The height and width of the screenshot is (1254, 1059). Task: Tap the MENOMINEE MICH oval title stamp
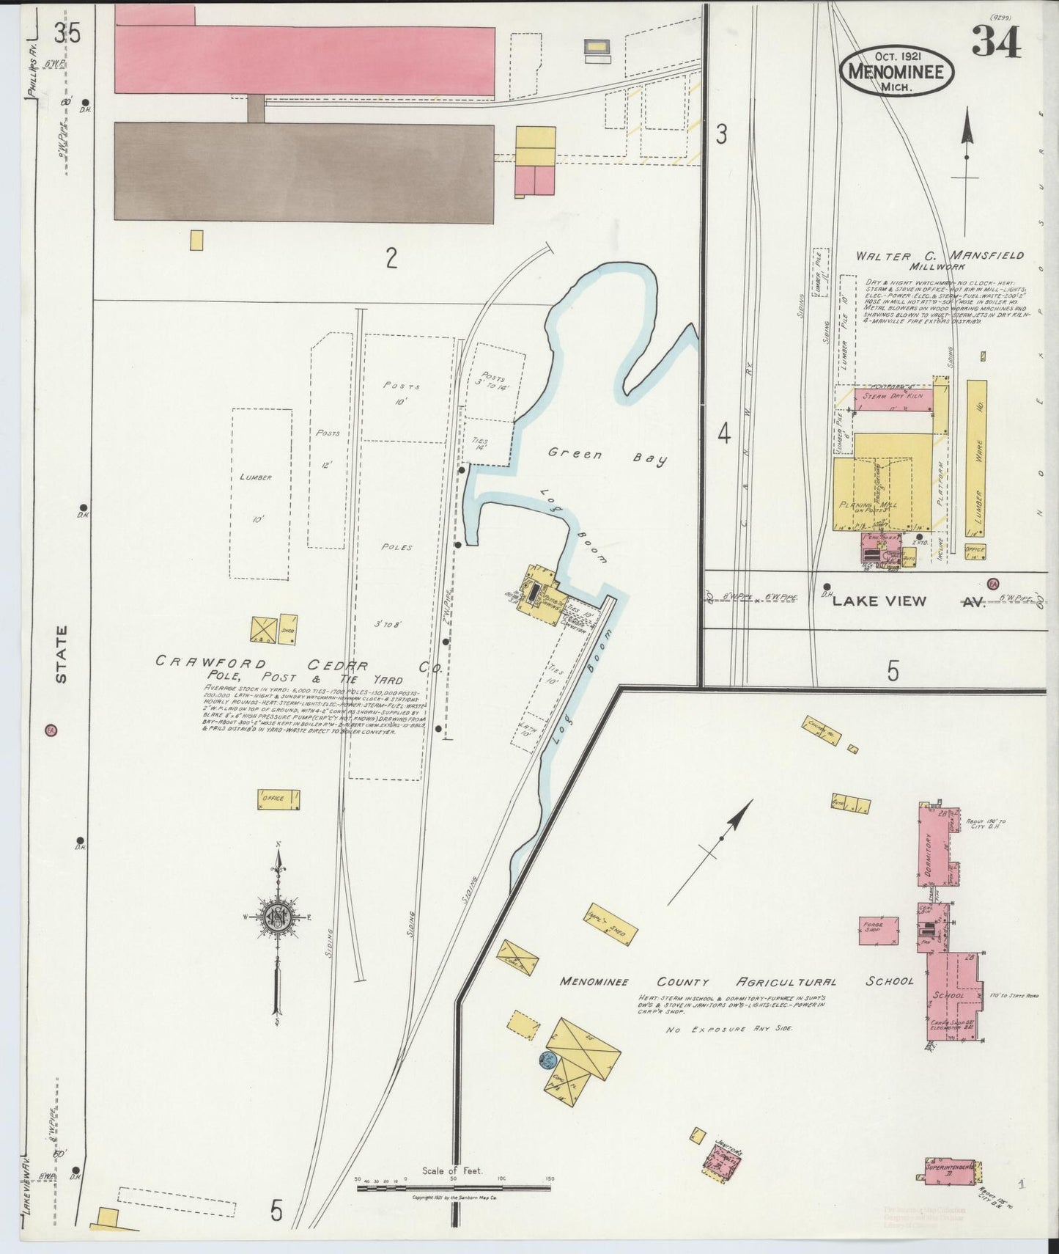(x=897, y=71)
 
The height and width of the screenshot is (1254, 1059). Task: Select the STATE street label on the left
(x=61, y=653)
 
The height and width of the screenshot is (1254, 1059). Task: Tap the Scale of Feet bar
(x=454, y=1186)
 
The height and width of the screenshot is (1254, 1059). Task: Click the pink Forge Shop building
(x=879, y=929)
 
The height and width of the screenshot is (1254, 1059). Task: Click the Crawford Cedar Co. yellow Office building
(x=278, y=799)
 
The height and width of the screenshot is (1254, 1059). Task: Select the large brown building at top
(x=303, y=172)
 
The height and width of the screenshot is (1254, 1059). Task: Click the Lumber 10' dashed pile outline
(x=261, y=493)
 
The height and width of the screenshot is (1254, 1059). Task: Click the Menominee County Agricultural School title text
(x=737, y=981)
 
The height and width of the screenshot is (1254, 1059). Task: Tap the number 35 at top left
(x=67, y=33)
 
